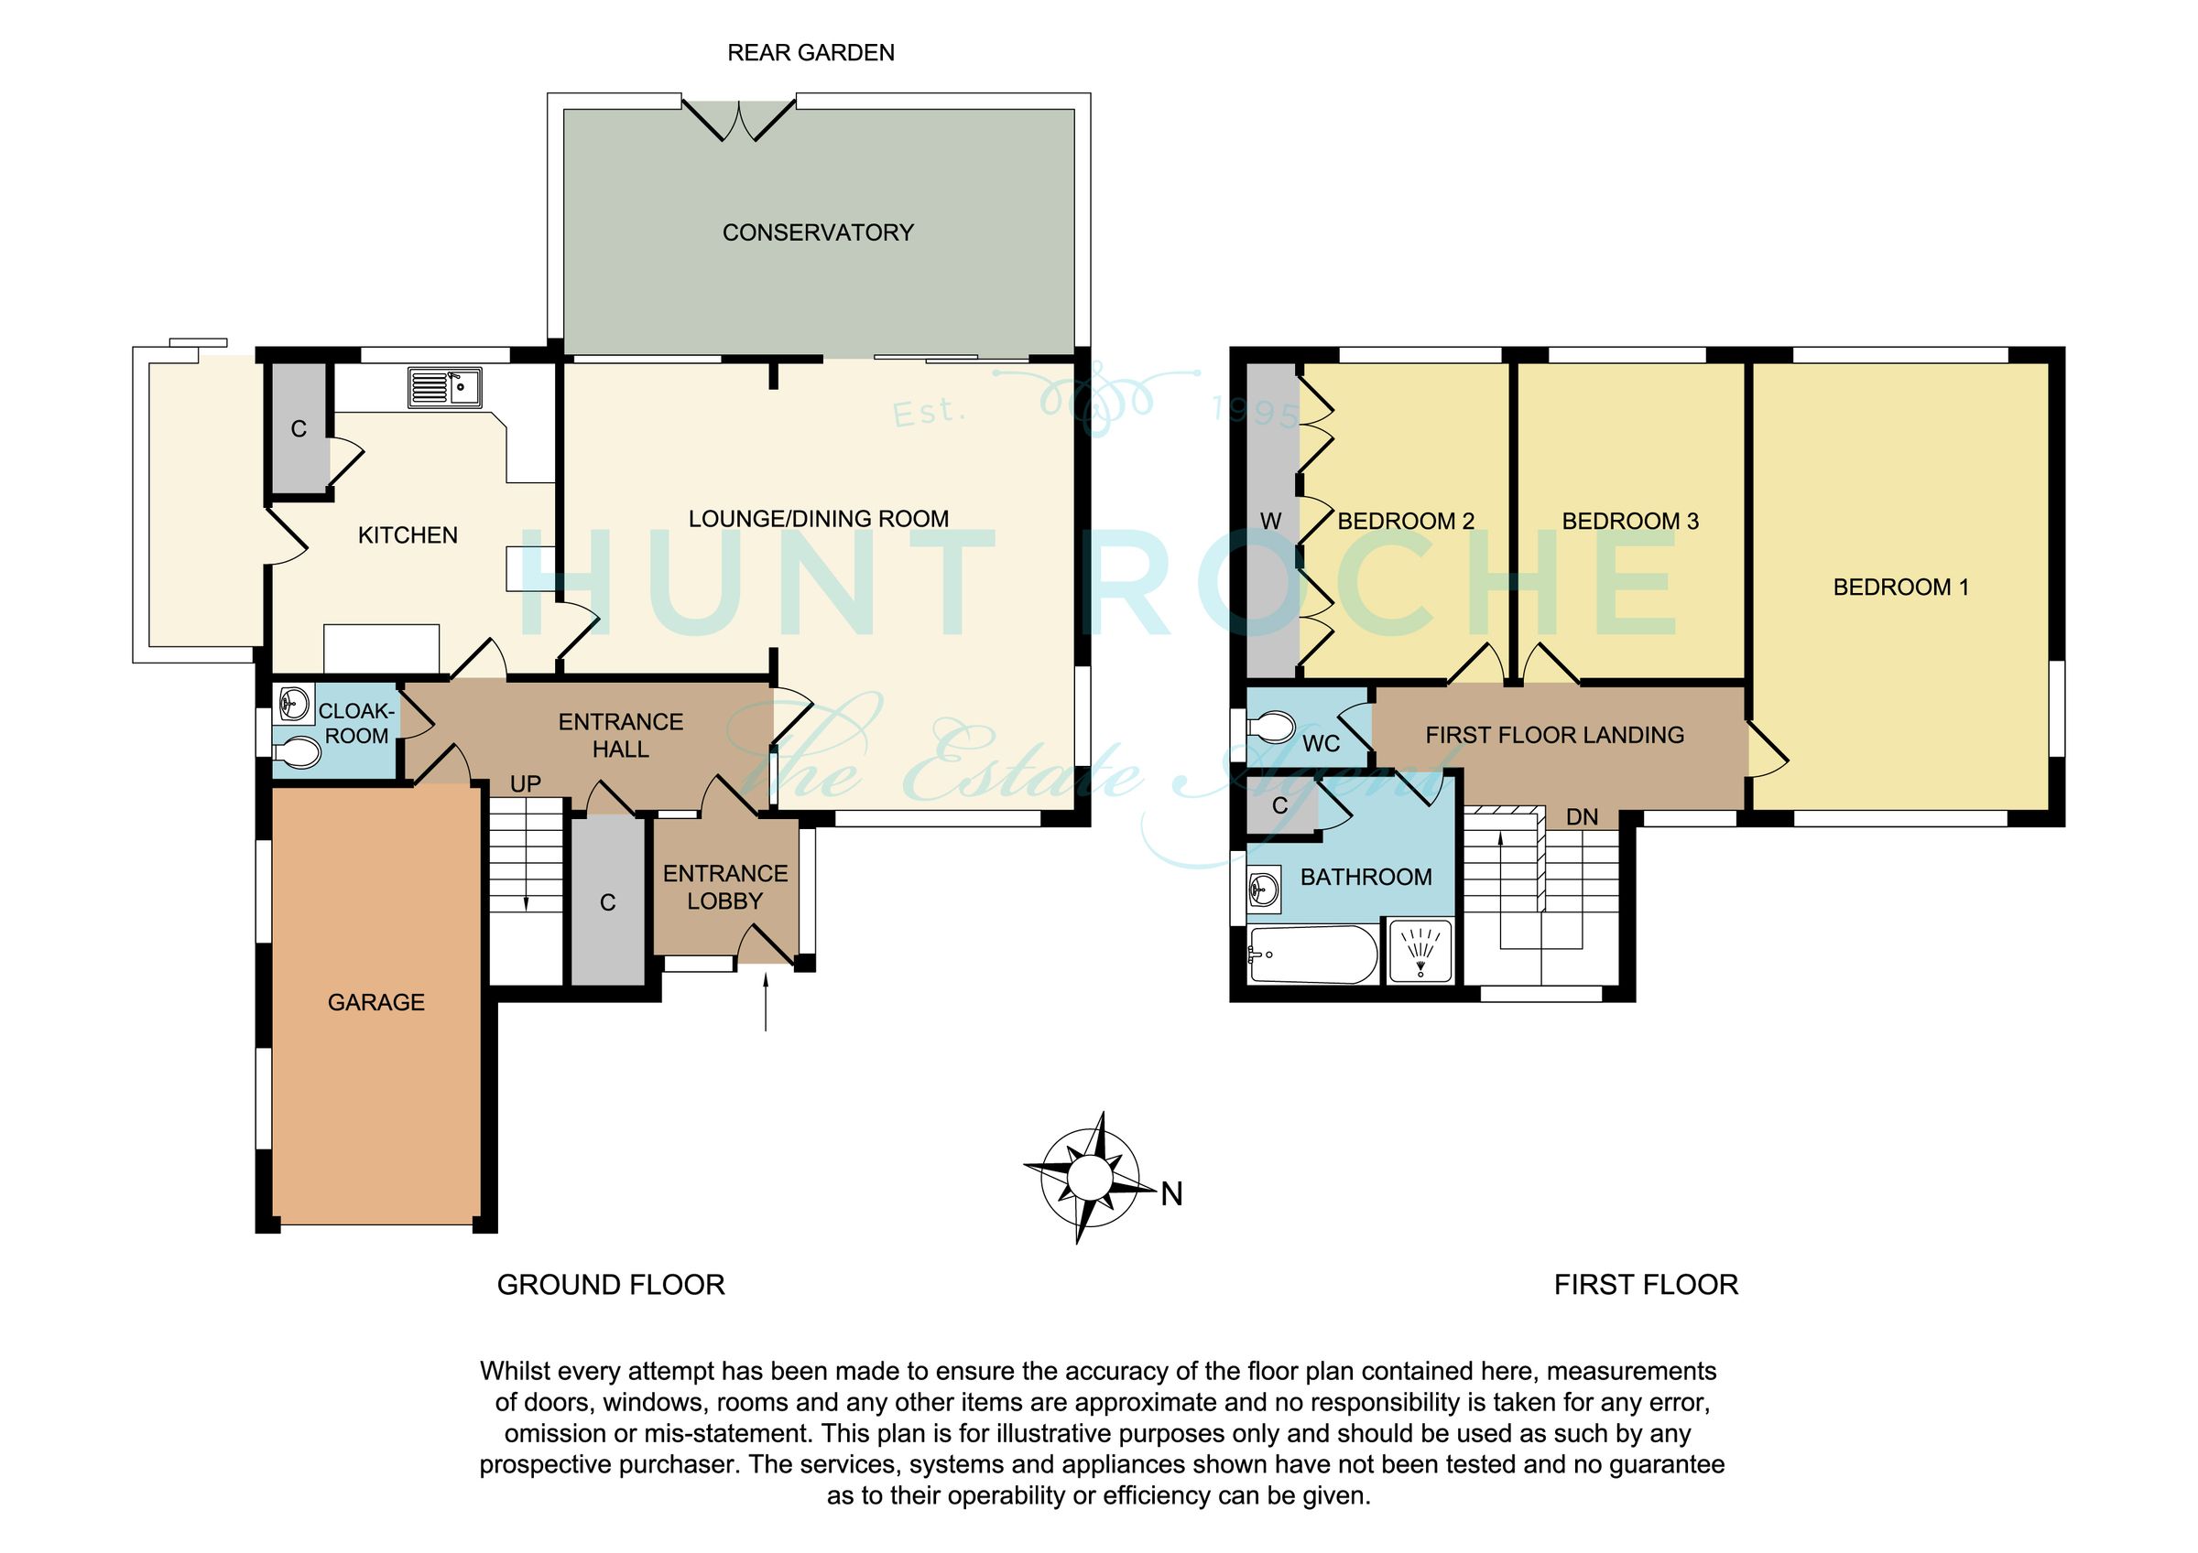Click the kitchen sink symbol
444,387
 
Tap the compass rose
1090,1177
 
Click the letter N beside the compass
1172,1194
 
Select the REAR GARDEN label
811,54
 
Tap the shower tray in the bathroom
1420,950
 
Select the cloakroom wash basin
294,706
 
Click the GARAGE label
376,1002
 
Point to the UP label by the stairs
526,784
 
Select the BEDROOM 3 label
1630,522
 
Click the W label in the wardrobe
1270,522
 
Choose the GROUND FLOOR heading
611,1284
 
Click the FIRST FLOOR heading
1646,1284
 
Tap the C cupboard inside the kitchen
299,428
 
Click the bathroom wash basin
1265,890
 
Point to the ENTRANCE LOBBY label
725,887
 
